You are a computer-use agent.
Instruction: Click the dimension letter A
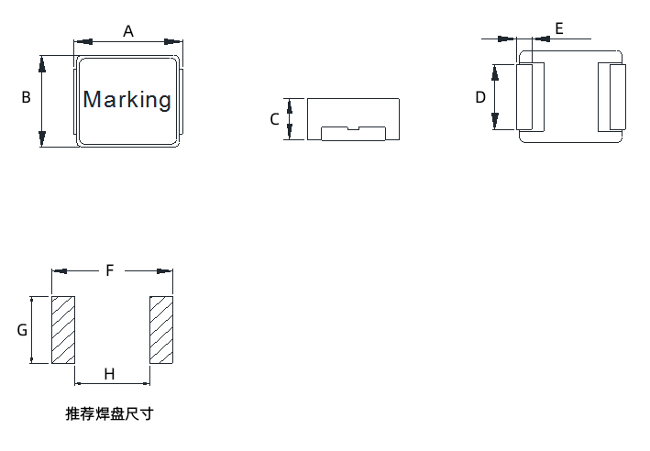point(128,31)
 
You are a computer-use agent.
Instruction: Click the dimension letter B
point(27,97)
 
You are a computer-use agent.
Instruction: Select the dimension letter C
point(274,119)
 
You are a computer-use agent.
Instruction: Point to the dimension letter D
point(480,97)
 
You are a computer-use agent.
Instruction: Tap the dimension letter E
point(558,28)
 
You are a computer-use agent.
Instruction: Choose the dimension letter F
point(109,270)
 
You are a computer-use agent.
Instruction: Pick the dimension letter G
point(22,330)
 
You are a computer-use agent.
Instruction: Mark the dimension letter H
point(109,374)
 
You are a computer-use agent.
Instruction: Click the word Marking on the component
point(127,99)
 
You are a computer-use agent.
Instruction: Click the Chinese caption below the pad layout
point(109,414)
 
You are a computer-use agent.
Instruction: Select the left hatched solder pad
point(63,330)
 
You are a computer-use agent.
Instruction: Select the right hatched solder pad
point(161,330)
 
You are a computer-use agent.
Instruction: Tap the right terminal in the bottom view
point(611,96)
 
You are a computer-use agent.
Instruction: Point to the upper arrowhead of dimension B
point(42,62)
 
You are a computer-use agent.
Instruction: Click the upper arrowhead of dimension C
point(290,104)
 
